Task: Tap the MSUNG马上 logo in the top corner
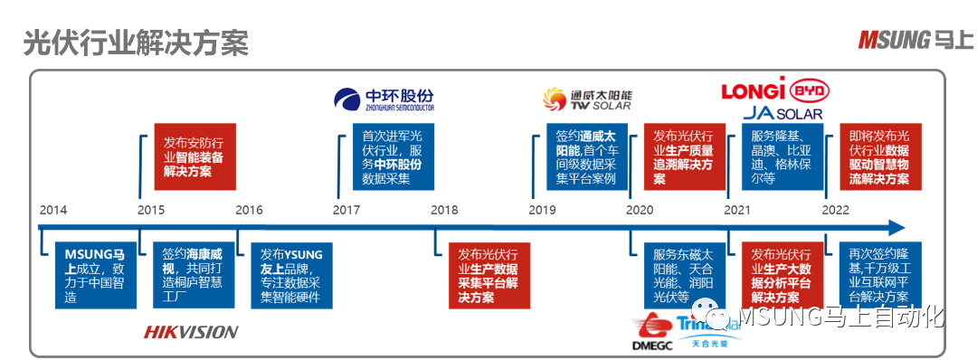pos(915,40)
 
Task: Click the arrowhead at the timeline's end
pos(896,228)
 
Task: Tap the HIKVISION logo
pos(191,332)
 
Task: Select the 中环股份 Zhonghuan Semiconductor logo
pos(384,99)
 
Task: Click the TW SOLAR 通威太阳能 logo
pos(588,98)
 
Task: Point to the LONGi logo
pos(753,91)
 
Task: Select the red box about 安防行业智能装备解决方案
pos(194,156)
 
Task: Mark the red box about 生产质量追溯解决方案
pos(683,156)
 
